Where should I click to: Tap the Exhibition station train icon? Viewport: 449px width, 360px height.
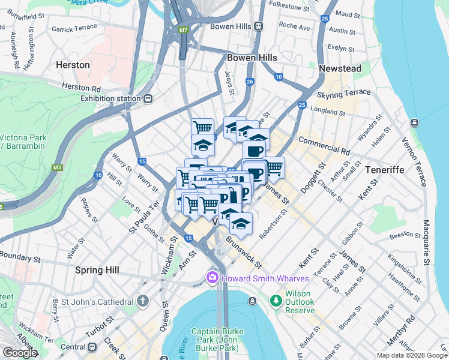[x=148, y=98]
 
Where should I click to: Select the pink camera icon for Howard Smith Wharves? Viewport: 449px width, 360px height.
[x=211, y=278]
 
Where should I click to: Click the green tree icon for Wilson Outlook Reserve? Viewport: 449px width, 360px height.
[x=276, y=299]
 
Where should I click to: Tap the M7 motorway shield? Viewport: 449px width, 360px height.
[x=182, y=29]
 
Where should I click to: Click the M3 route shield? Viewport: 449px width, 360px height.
[x=58, y=167]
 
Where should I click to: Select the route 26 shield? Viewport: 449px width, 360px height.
[x=250, y=82]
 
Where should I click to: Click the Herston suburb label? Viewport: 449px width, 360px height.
[x=73, y=64]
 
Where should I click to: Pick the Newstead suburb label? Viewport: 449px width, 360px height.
[x=340, y=68]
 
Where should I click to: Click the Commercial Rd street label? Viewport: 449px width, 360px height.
[x=324, y=146]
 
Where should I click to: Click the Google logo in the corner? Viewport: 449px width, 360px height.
[x=20, y=352]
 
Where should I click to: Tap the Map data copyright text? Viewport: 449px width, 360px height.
[x=412, y=355]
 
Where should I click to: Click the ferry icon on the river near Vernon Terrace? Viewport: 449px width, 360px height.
[x=414, y=123]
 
